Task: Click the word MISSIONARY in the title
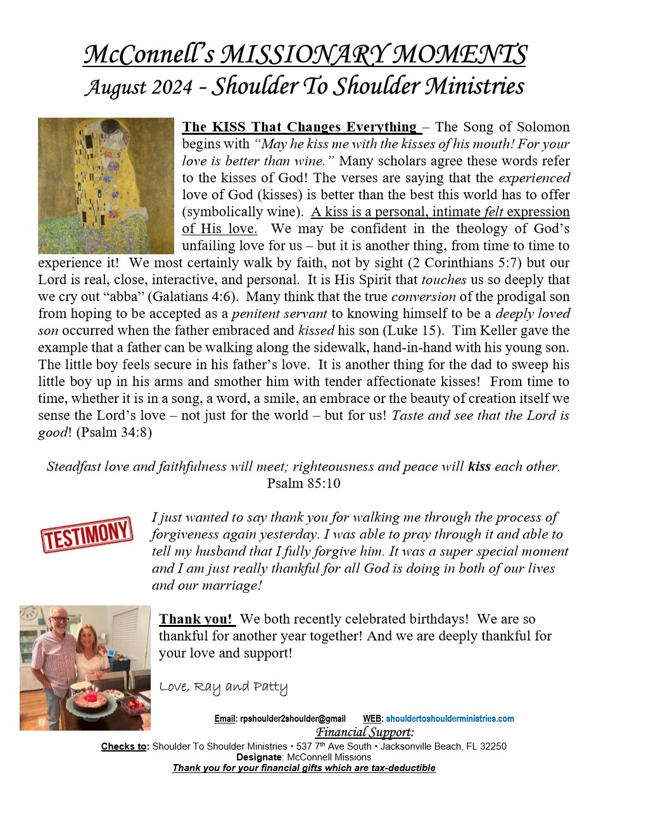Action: coord(301,55)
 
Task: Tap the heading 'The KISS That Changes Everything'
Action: coord(299,127)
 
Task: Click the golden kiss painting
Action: coord(106,185)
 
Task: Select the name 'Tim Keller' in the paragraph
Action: coord(485,331)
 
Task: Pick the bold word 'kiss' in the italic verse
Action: coord(479,467)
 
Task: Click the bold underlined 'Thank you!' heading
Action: coord(196,619)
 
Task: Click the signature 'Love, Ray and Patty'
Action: coord(223,687)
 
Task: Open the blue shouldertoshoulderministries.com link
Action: coord(450,719)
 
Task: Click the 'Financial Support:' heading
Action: coord(365,733)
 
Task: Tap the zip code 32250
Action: coord(493,746)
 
